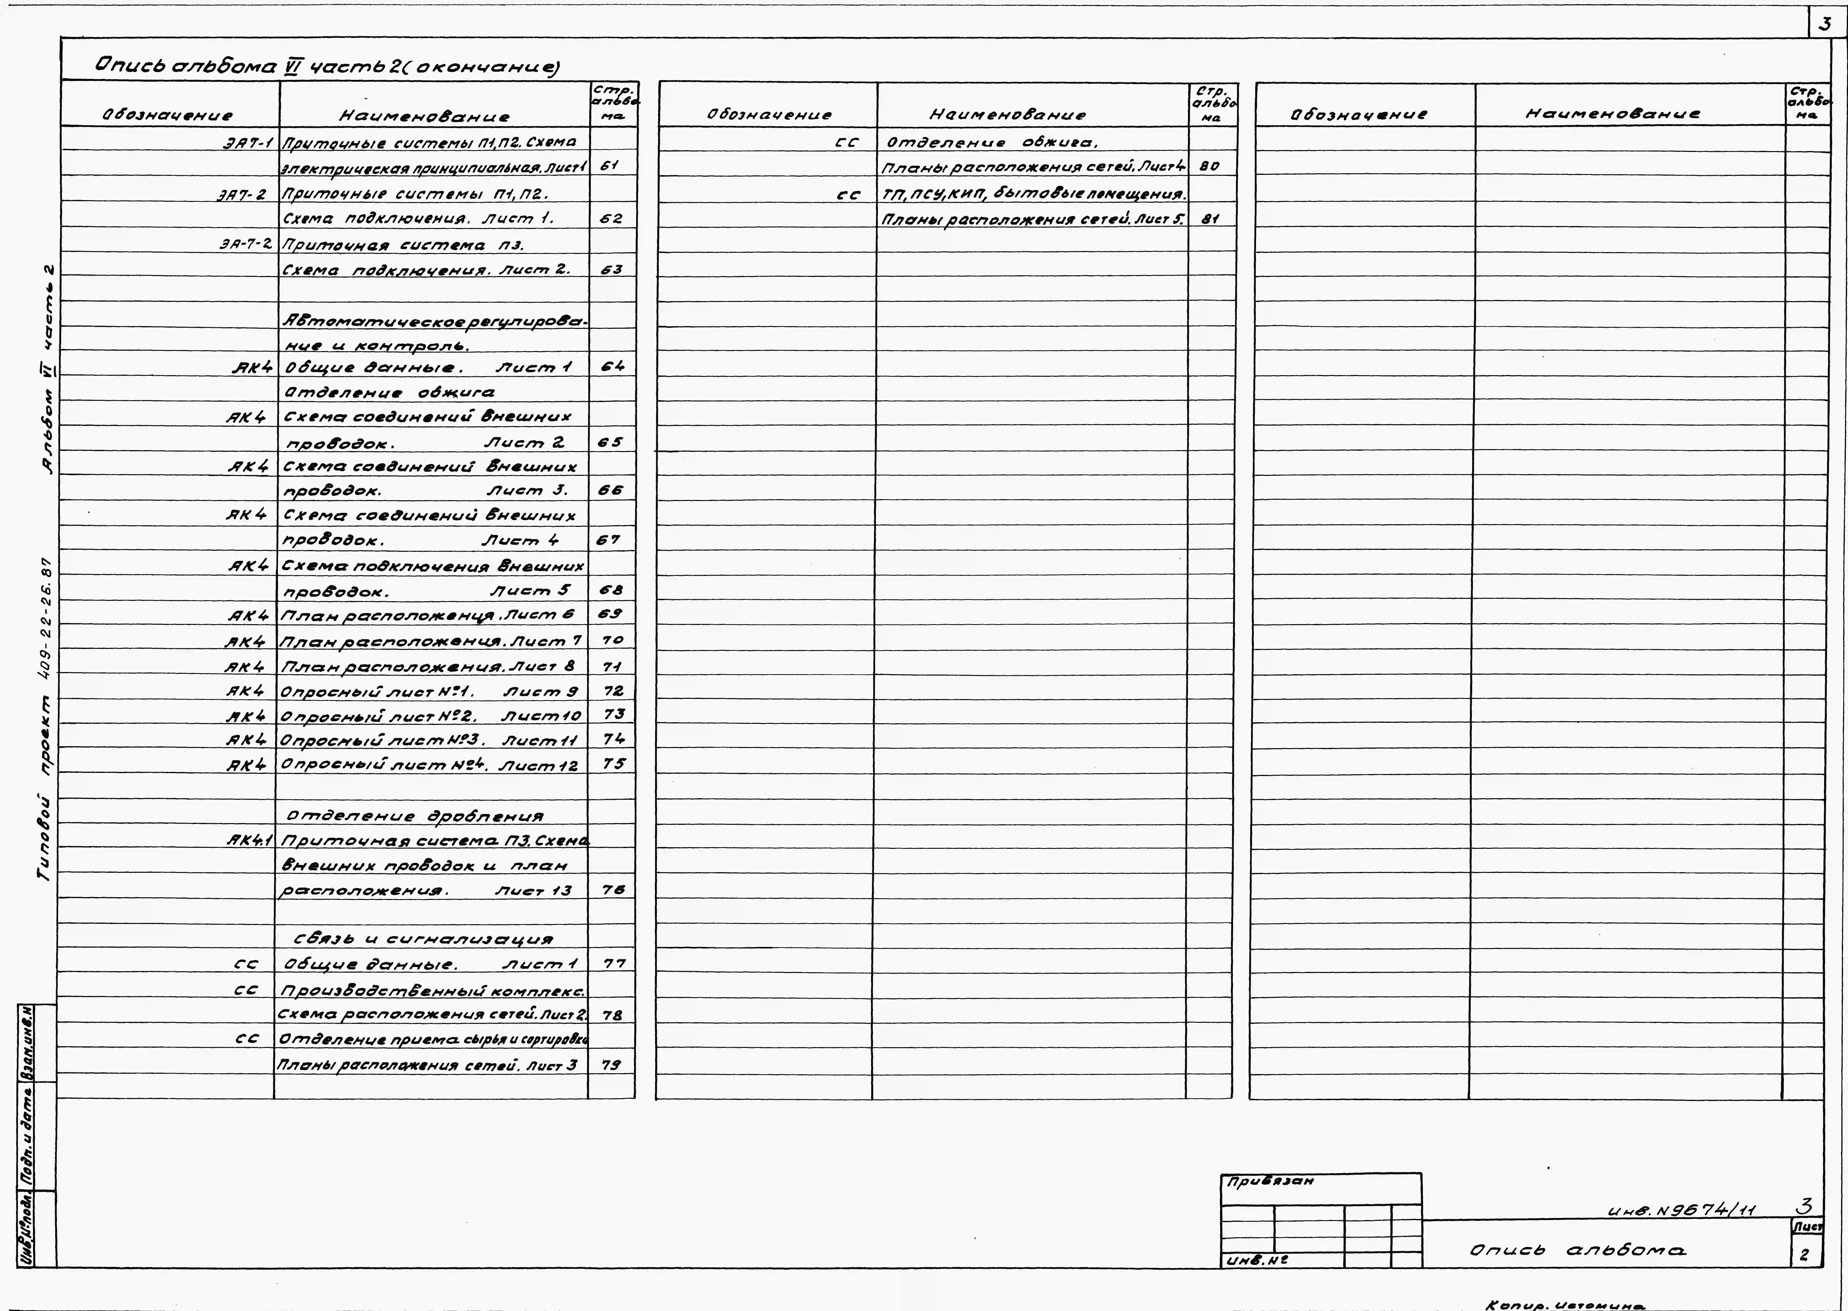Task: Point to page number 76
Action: (x=613, y=890)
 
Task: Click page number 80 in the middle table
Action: (x=1209, y=166)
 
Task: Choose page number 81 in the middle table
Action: (x=1209, y=218)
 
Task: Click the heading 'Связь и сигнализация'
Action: (x=424, y=939)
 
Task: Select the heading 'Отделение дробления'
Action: (x=415, y=816)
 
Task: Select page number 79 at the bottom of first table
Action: (x=612, y=1065)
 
